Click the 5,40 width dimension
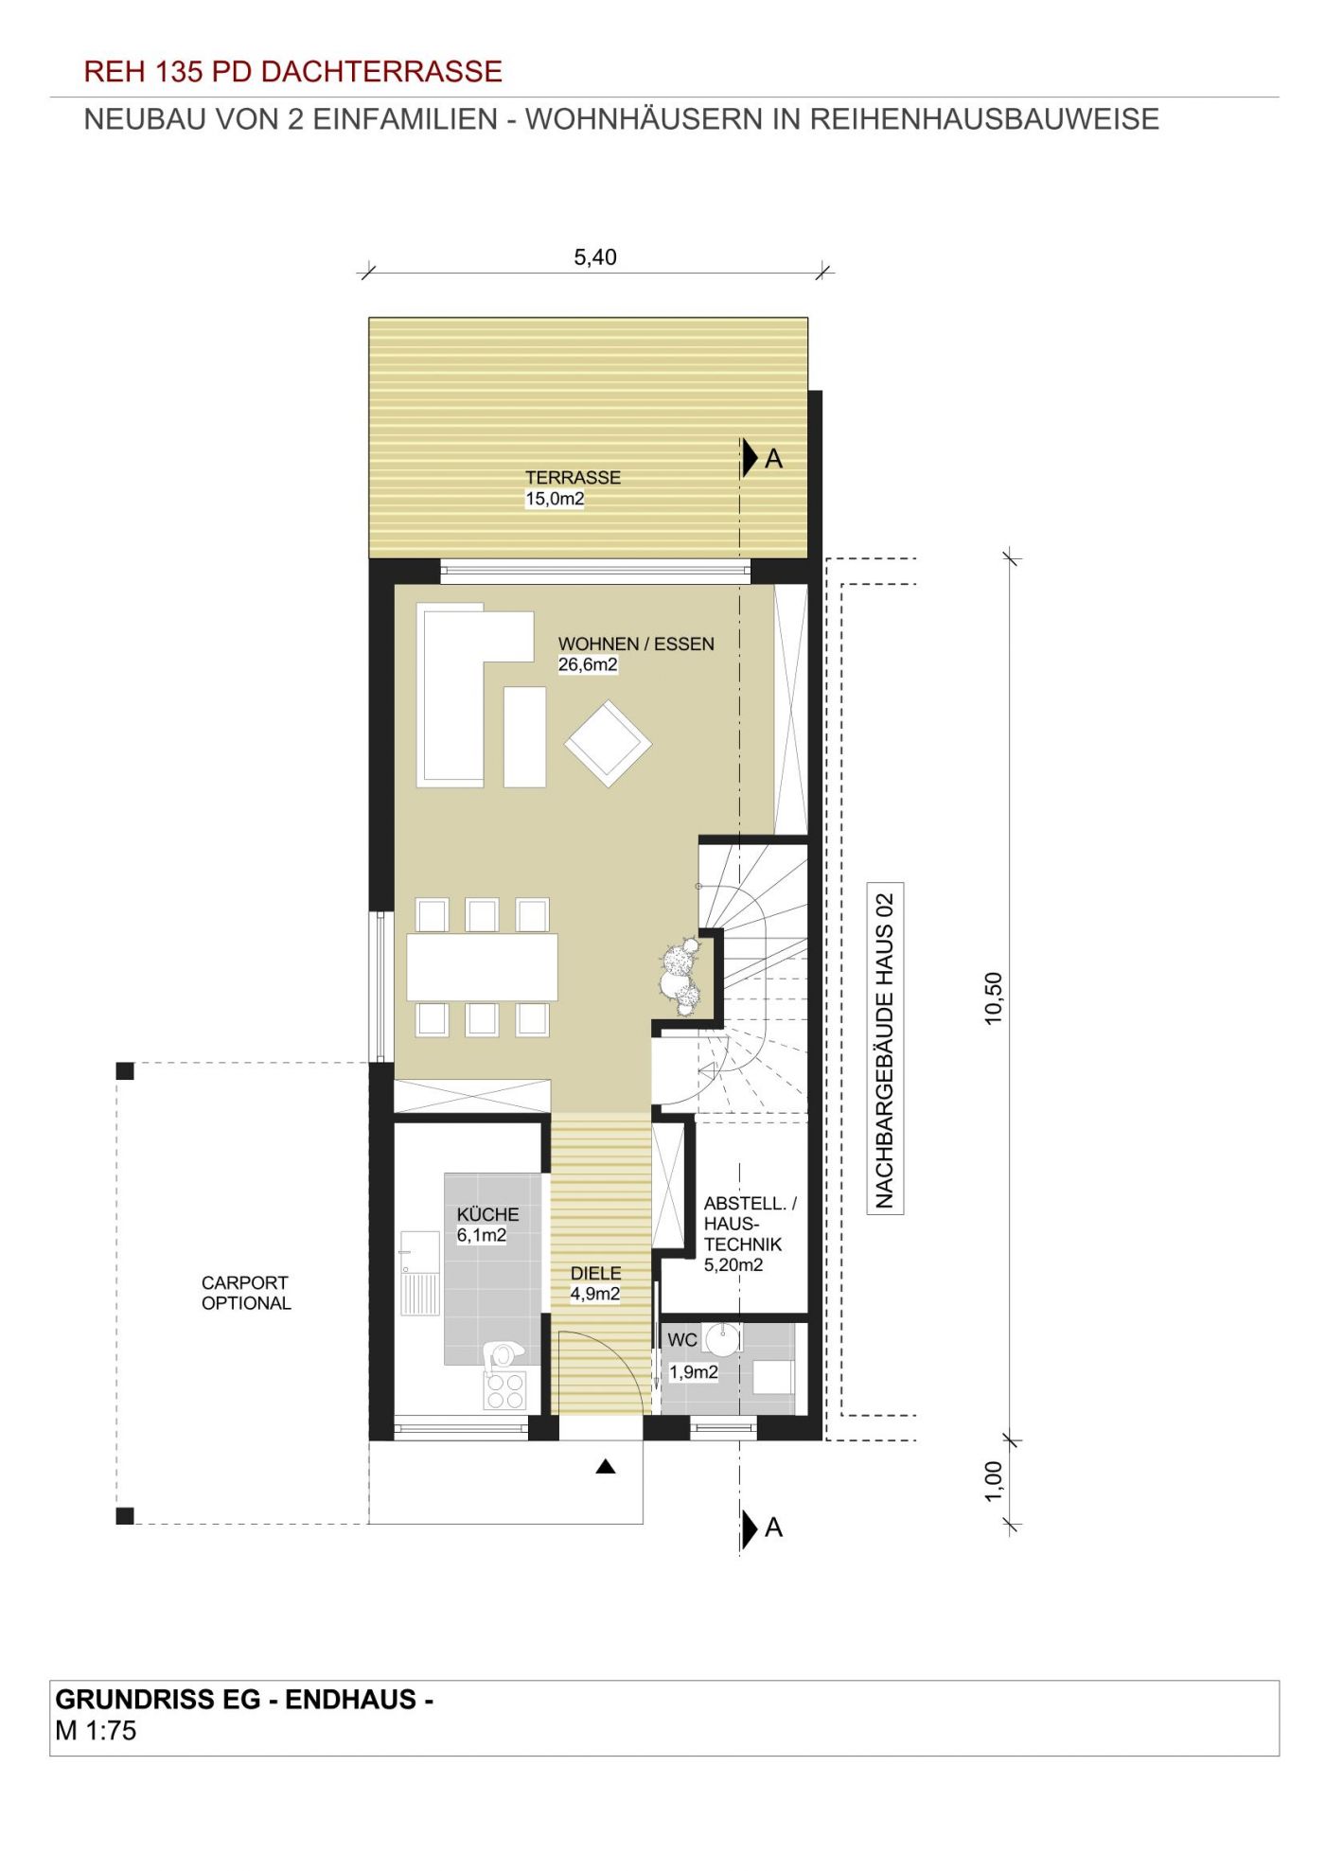[595, 256]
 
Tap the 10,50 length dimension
[993, 998]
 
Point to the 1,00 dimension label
[993, 1481]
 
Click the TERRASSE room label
[573, 478]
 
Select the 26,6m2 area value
[588, 664]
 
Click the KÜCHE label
[487, 1214]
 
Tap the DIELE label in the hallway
[595, 1274]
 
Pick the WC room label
[682, 1340]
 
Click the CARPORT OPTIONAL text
[246, 1293]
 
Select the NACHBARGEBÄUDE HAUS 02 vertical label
[885, 1049]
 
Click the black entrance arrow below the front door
[606, 1467]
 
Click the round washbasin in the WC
[722, 1339]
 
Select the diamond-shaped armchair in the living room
[608, 743]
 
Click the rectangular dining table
[482, 967]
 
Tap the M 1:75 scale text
[96, 1731]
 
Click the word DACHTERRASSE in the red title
[381, 71]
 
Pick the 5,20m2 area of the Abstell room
[733, 1264]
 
